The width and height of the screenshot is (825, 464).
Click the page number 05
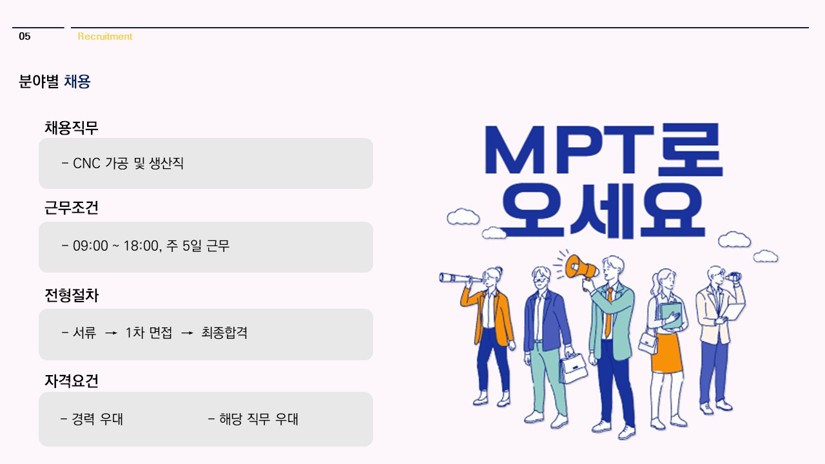[x=24, y=36]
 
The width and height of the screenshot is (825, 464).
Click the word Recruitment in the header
[x=105, y=36]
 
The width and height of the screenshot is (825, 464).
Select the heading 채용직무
[x=72, y=128]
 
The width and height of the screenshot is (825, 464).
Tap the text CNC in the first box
[x=86, y=163]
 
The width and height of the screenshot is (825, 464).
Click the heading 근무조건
[x=72, y=208]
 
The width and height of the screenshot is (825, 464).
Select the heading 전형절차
[x=72, y=295]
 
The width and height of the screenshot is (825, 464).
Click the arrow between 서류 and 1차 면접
[x=111, y=333]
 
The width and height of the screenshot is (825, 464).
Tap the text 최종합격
[x=224, y=333]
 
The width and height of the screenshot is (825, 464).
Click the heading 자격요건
[x=72, y=380]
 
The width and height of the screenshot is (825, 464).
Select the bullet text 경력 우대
[x=97, y=419]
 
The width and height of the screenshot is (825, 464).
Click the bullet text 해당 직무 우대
[x=258, y=419]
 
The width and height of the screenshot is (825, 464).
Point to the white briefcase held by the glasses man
[x=573, y=368]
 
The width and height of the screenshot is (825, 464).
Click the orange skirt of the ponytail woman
[x=666, y=354]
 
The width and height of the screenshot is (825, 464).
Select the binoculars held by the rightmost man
[x=733, y=276]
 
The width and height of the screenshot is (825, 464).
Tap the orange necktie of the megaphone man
[x=609, y=311]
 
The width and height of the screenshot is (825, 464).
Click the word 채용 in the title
[x=77, y=81]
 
